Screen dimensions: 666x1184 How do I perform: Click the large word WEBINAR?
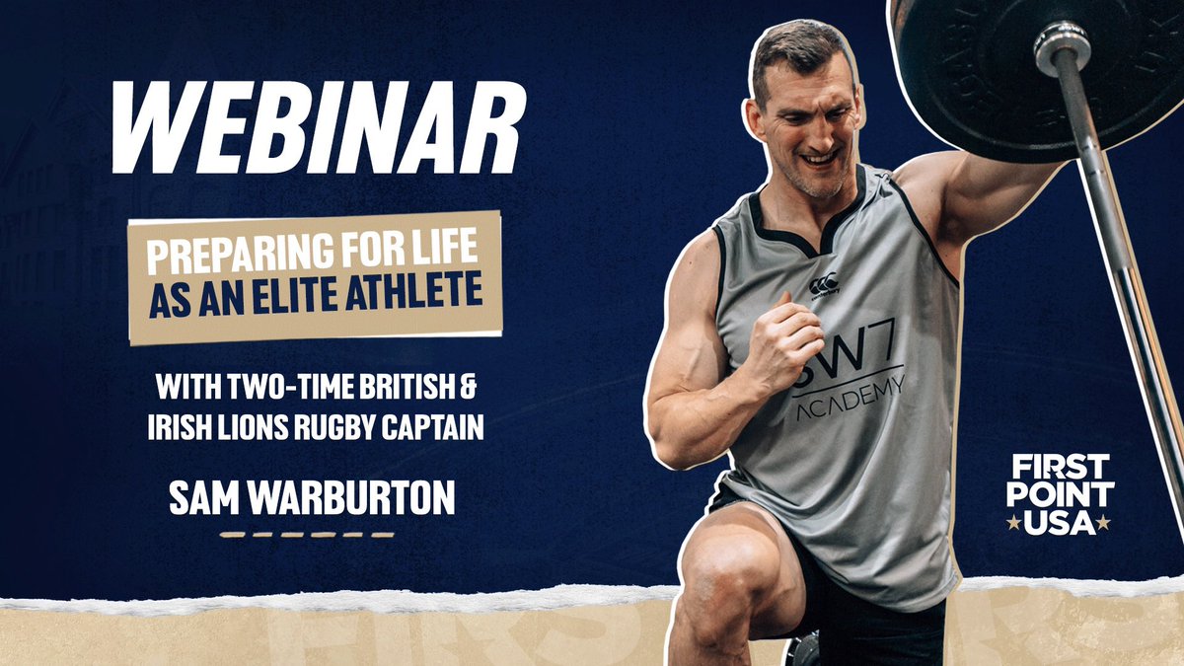coord(318,129)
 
